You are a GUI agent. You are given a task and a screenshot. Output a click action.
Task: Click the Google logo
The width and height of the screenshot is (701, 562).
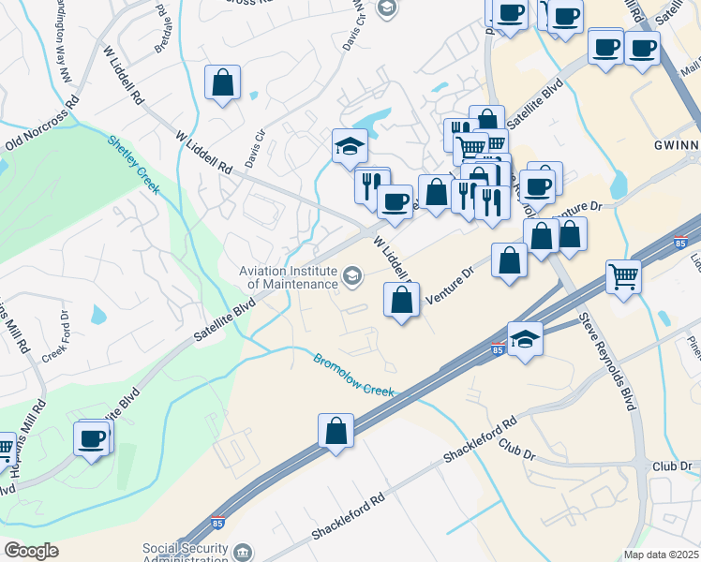[x=31, y=551]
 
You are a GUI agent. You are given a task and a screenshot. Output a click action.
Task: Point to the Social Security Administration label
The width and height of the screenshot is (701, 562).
[x=185, y=554]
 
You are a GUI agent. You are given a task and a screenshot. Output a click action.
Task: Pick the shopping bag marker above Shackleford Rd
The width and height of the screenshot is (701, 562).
[x=336, y=432]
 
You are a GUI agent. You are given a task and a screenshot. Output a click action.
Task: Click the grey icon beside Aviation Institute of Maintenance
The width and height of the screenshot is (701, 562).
[x=352, y=274]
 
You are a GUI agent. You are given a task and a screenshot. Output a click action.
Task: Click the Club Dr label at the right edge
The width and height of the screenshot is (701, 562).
[x=671, y=466]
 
